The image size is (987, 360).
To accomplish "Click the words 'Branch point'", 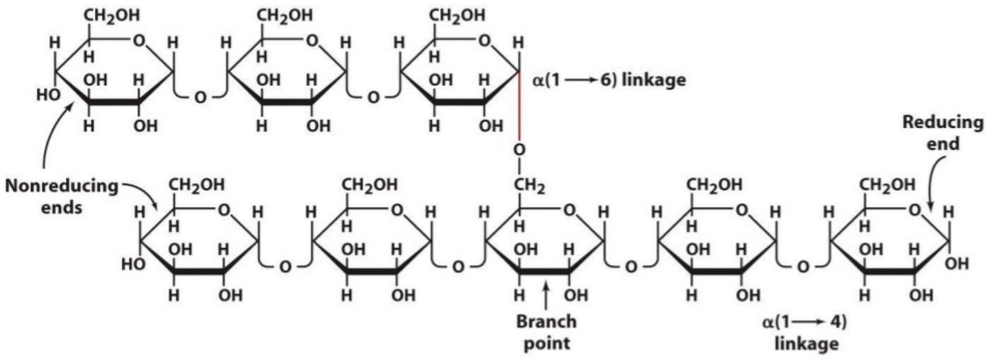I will click(546, 332).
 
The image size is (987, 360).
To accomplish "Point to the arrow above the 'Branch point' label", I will click(546, 298).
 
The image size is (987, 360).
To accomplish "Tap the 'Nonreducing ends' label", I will click(60, 196).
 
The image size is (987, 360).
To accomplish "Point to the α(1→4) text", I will click(803, 320).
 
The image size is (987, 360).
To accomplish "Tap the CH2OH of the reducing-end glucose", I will click(887, 184).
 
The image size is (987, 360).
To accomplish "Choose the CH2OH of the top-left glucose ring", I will click(110, 15).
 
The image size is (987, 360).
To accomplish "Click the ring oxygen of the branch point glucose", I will click(569, 209).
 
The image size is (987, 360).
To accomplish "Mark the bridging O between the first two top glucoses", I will click(199, 98).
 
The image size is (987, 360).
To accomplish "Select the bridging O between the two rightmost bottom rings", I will click(802, 266).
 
